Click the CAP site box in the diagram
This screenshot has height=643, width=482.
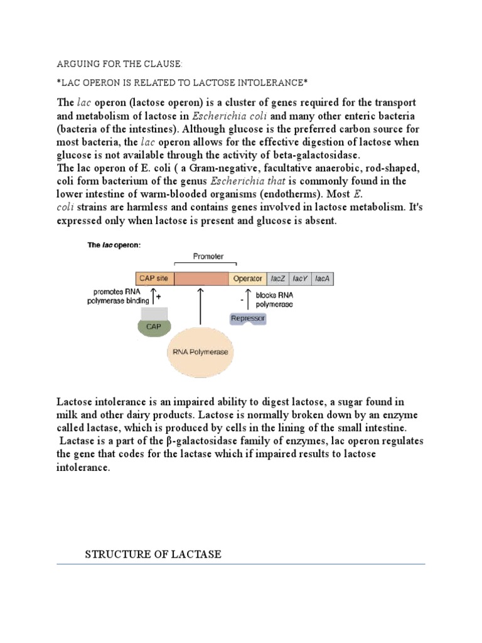pyautogui.click(x=154, y=278)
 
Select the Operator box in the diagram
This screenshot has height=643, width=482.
pyautogui.click(x=247, y=278)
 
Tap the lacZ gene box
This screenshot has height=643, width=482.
pyautogui.click(x=278, y=278)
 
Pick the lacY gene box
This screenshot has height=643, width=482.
pyautogui.click(x=300, y=278)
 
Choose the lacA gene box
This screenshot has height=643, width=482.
pyautogui.click(x=322, y=278)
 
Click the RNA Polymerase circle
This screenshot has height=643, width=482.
pyautogui.click(x=201, y=352)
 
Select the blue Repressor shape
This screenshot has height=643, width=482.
pyautogui.click(x=248, y=318)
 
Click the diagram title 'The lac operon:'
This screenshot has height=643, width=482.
pyautogui.click(x=114, y=246)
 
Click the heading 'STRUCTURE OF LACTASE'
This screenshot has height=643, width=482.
pyautogui.click(x=153, y=554)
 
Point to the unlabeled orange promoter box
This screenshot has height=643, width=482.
pyautogui.click(x=201, y=278)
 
